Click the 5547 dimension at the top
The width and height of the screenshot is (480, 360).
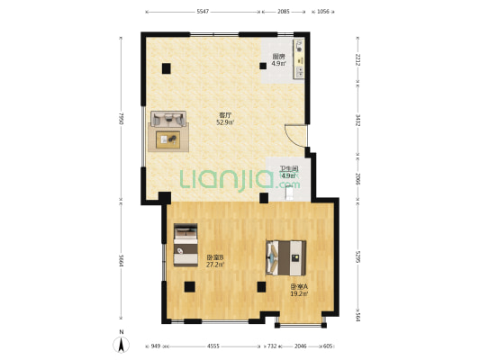click(x=203, y=12)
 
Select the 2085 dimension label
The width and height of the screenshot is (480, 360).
click(x=283, y=12)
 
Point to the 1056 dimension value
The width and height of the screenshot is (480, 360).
click(x=322, y=12)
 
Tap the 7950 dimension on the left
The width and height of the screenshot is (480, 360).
click(x=121, y=119)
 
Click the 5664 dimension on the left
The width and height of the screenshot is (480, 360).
click(x=121, y=261)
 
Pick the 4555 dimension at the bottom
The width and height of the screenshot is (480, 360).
click(x=213, y=346)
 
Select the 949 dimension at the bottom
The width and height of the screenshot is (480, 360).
click(x=156, y=346)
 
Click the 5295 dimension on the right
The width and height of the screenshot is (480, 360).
click(x=358, y=257)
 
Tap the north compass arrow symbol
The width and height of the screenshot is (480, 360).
click(x=122, y=345)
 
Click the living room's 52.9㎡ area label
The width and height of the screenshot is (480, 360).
click(x=225, y=122)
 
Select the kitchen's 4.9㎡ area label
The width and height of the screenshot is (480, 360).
click(x=279, y=64)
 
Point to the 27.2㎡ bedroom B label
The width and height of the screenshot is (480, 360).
click(x=215, y=265)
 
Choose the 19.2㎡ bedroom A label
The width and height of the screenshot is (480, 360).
click(x=299, y=293)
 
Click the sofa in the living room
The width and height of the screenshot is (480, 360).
click(x=168, y=119)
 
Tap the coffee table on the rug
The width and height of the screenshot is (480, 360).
click(x=168, y=139)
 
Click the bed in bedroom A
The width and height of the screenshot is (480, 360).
click(x=285, y=257)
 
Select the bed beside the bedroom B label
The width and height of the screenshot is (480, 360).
click(x=186, y=245)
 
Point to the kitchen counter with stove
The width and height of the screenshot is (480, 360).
click(x=299, y=58)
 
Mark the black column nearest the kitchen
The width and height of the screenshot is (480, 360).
click(x=263, y=66)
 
